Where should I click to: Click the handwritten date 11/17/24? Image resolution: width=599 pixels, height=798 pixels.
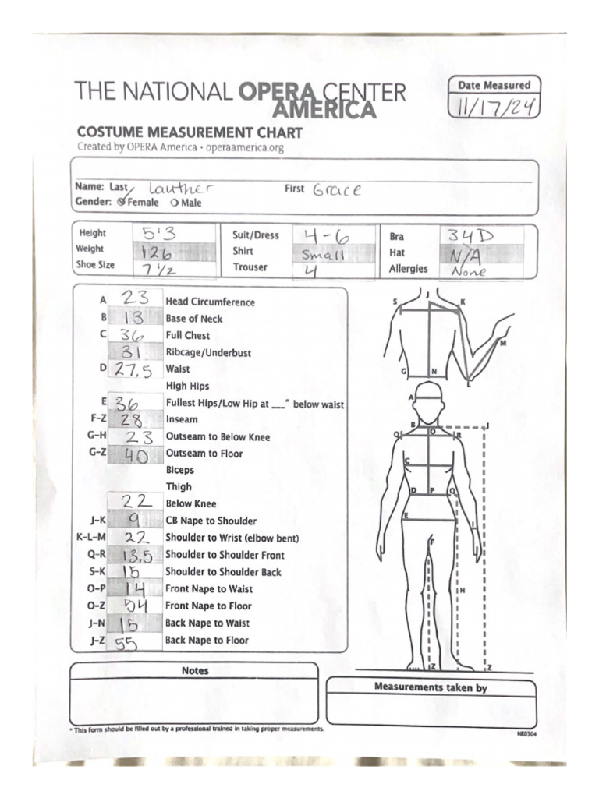(x=494, y=107)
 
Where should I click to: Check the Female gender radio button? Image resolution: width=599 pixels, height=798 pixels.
(x=121, y=203)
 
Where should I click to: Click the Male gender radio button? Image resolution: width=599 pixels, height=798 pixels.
(x=174, y=203)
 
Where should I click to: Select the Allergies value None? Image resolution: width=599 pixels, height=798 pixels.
(x=468, y=270)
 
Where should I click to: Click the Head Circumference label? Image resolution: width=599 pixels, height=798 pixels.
(x=210, y=302)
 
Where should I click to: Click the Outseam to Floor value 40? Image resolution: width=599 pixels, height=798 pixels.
(x=136, y=454)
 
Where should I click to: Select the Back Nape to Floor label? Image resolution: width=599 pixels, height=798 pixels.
(x=207, y=641)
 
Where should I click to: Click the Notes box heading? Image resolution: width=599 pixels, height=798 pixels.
(x=194, y=671)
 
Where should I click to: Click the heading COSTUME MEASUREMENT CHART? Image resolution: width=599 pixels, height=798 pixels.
(x=190, y=132)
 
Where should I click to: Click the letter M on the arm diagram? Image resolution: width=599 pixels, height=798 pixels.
(x=503, y=343)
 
